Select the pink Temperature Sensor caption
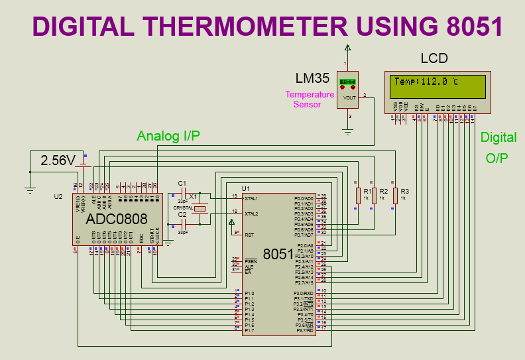[x=309, y=99]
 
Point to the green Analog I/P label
[x=168, y=136]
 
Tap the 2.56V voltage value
[x=59, y=160]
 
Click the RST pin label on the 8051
[x=249, y=235]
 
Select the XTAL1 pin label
[x=251, y=198]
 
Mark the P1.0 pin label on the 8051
[x=249, y=293]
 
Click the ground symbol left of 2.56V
[x=30, y=189]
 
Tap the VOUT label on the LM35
[x=349, y=97]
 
